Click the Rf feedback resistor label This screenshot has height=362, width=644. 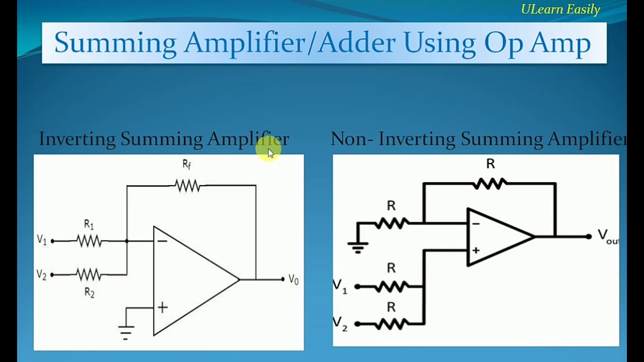(x=187, y=164)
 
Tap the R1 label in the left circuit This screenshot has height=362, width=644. (x=89, y=225)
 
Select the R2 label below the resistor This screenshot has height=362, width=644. (x=89, y=293)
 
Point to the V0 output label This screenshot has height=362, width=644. (x=293, y=280)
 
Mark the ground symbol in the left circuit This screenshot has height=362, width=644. (x=126, y=331)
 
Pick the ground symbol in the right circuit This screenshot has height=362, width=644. (x=358, y=246)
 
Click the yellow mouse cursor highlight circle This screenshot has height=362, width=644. (x=268, y=149)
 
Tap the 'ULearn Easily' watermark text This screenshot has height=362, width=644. (x=560, y=10)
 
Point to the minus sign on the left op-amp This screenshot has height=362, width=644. (x=162, y=241)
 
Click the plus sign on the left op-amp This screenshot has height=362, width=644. (x=163, y=308)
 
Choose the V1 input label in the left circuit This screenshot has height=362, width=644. (x=42, y=240)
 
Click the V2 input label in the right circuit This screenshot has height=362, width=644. (x=340, y=323)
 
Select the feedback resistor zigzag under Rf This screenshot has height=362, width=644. (x=188, y=186)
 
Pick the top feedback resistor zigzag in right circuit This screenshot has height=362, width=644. (x=490, y=184)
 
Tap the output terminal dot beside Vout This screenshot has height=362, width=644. (x=588, y=236)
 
